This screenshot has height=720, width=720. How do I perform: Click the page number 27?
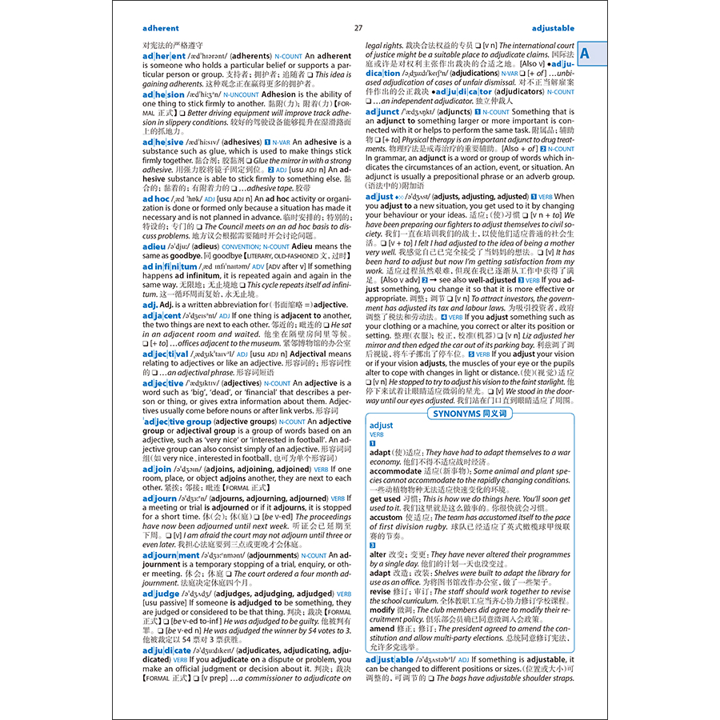point(358,28)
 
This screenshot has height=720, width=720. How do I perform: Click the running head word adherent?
point(161,28)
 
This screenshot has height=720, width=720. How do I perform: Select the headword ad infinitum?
point(170,266)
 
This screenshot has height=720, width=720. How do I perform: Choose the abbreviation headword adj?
point(150,305)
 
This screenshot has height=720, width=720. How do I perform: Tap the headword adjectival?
point(166,354)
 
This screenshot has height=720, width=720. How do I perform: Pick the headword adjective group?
point(178,422)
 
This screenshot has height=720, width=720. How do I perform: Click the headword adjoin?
point(157,470)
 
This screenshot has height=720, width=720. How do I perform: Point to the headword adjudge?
point(161,594)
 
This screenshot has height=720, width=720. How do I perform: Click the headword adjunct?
point(382,112)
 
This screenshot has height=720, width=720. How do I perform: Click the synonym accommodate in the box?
point(395,471)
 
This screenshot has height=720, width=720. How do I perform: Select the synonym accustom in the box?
point(386,518)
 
